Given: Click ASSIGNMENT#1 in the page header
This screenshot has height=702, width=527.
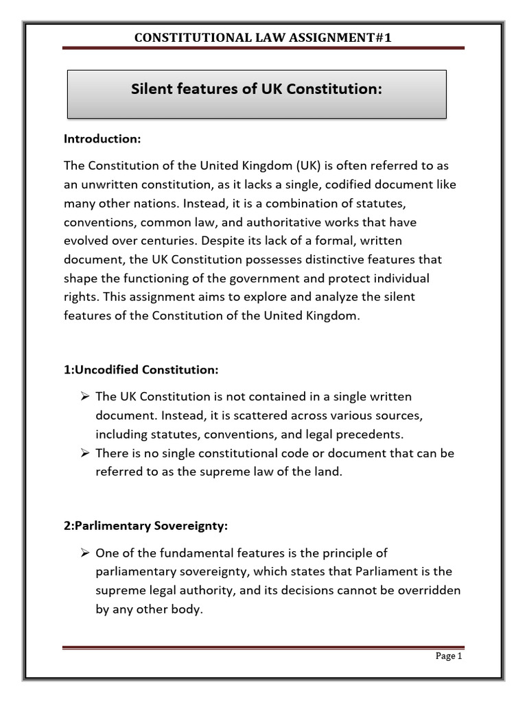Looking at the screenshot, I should pyautogui.click(x=340, y=38).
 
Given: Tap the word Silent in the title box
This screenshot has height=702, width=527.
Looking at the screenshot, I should pyautogui.click(x=150, y=89).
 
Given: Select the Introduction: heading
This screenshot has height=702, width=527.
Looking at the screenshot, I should pyautogui.click(x=102, y=139).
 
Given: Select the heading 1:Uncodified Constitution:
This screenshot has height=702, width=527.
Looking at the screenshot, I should pyautogui.click(x=141, y=370).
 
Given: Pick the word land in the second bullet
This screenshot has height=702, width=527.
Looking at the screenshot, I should pyautogui.click(x=327, y=472).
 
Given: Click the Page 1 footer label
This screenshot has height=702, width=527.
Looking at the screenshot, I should pyautogui.click(x=450, y=656).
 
